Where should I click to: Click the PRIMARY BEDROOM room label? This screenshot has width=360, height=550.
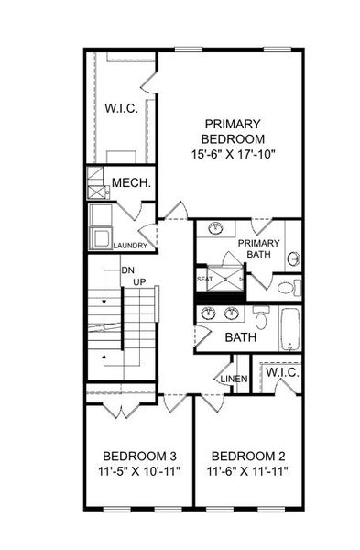[x=233, y=131]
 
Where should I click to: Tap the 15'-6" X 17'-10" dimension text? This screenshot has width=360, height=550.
[x=232, y=154]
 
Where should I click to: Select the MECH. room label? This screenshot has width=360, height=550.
[x=132, y=182]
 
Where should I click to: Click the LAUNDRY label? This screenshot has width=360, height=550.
[x=130, y=246]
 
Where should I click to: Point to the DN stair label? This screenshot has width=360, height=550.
[x=127, y=270]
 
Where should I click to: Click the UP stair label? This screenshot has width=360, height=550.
[x=139, y=282]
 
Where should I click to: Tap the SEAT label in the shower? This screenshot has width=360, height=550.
[x=204, y=280]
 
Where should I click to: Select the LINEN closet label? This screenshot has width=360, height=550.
[x=235, y=379]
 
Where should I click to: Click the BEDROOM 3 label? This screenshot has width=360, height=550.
[x=139, y=456]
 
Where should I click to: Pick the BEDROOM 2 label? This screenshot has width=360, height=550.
[x=248, y=456]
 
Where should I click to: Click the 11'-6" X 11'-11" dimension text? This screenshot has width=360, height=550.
[x=247, y=471]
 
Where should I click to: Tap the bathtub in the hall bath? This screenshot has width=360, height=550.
[x=289, y=329]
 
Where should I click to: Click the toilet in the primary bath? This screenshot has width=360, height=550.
[x=289, y=288]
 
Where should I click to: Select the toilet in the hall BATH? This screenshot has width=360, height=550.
[x=261, y=317]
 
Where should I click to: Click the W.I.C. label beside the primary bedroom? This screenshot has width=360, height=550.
[x=121, y=108]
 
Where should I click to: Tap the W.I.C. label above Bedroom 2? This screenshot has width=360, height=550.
[x=282, y=372]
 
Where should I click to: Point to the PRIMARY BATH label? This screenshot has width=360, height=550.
[x=258, y=248]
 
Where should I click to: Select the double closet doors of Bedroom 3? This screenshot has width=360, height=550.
[x=121, y=411]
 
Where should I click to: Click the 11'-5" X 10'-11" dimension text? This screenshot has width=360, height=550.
[x=139, y=471]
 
